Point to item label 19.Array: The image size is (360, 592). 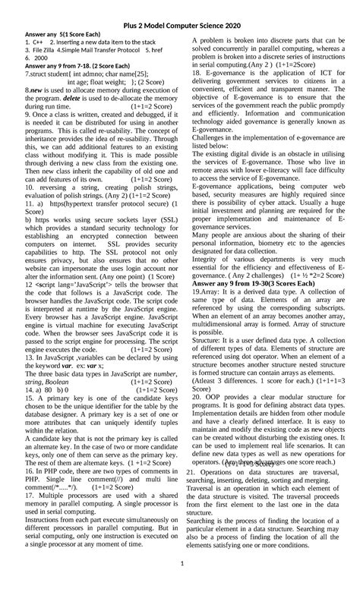click(x=206, y=291)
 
